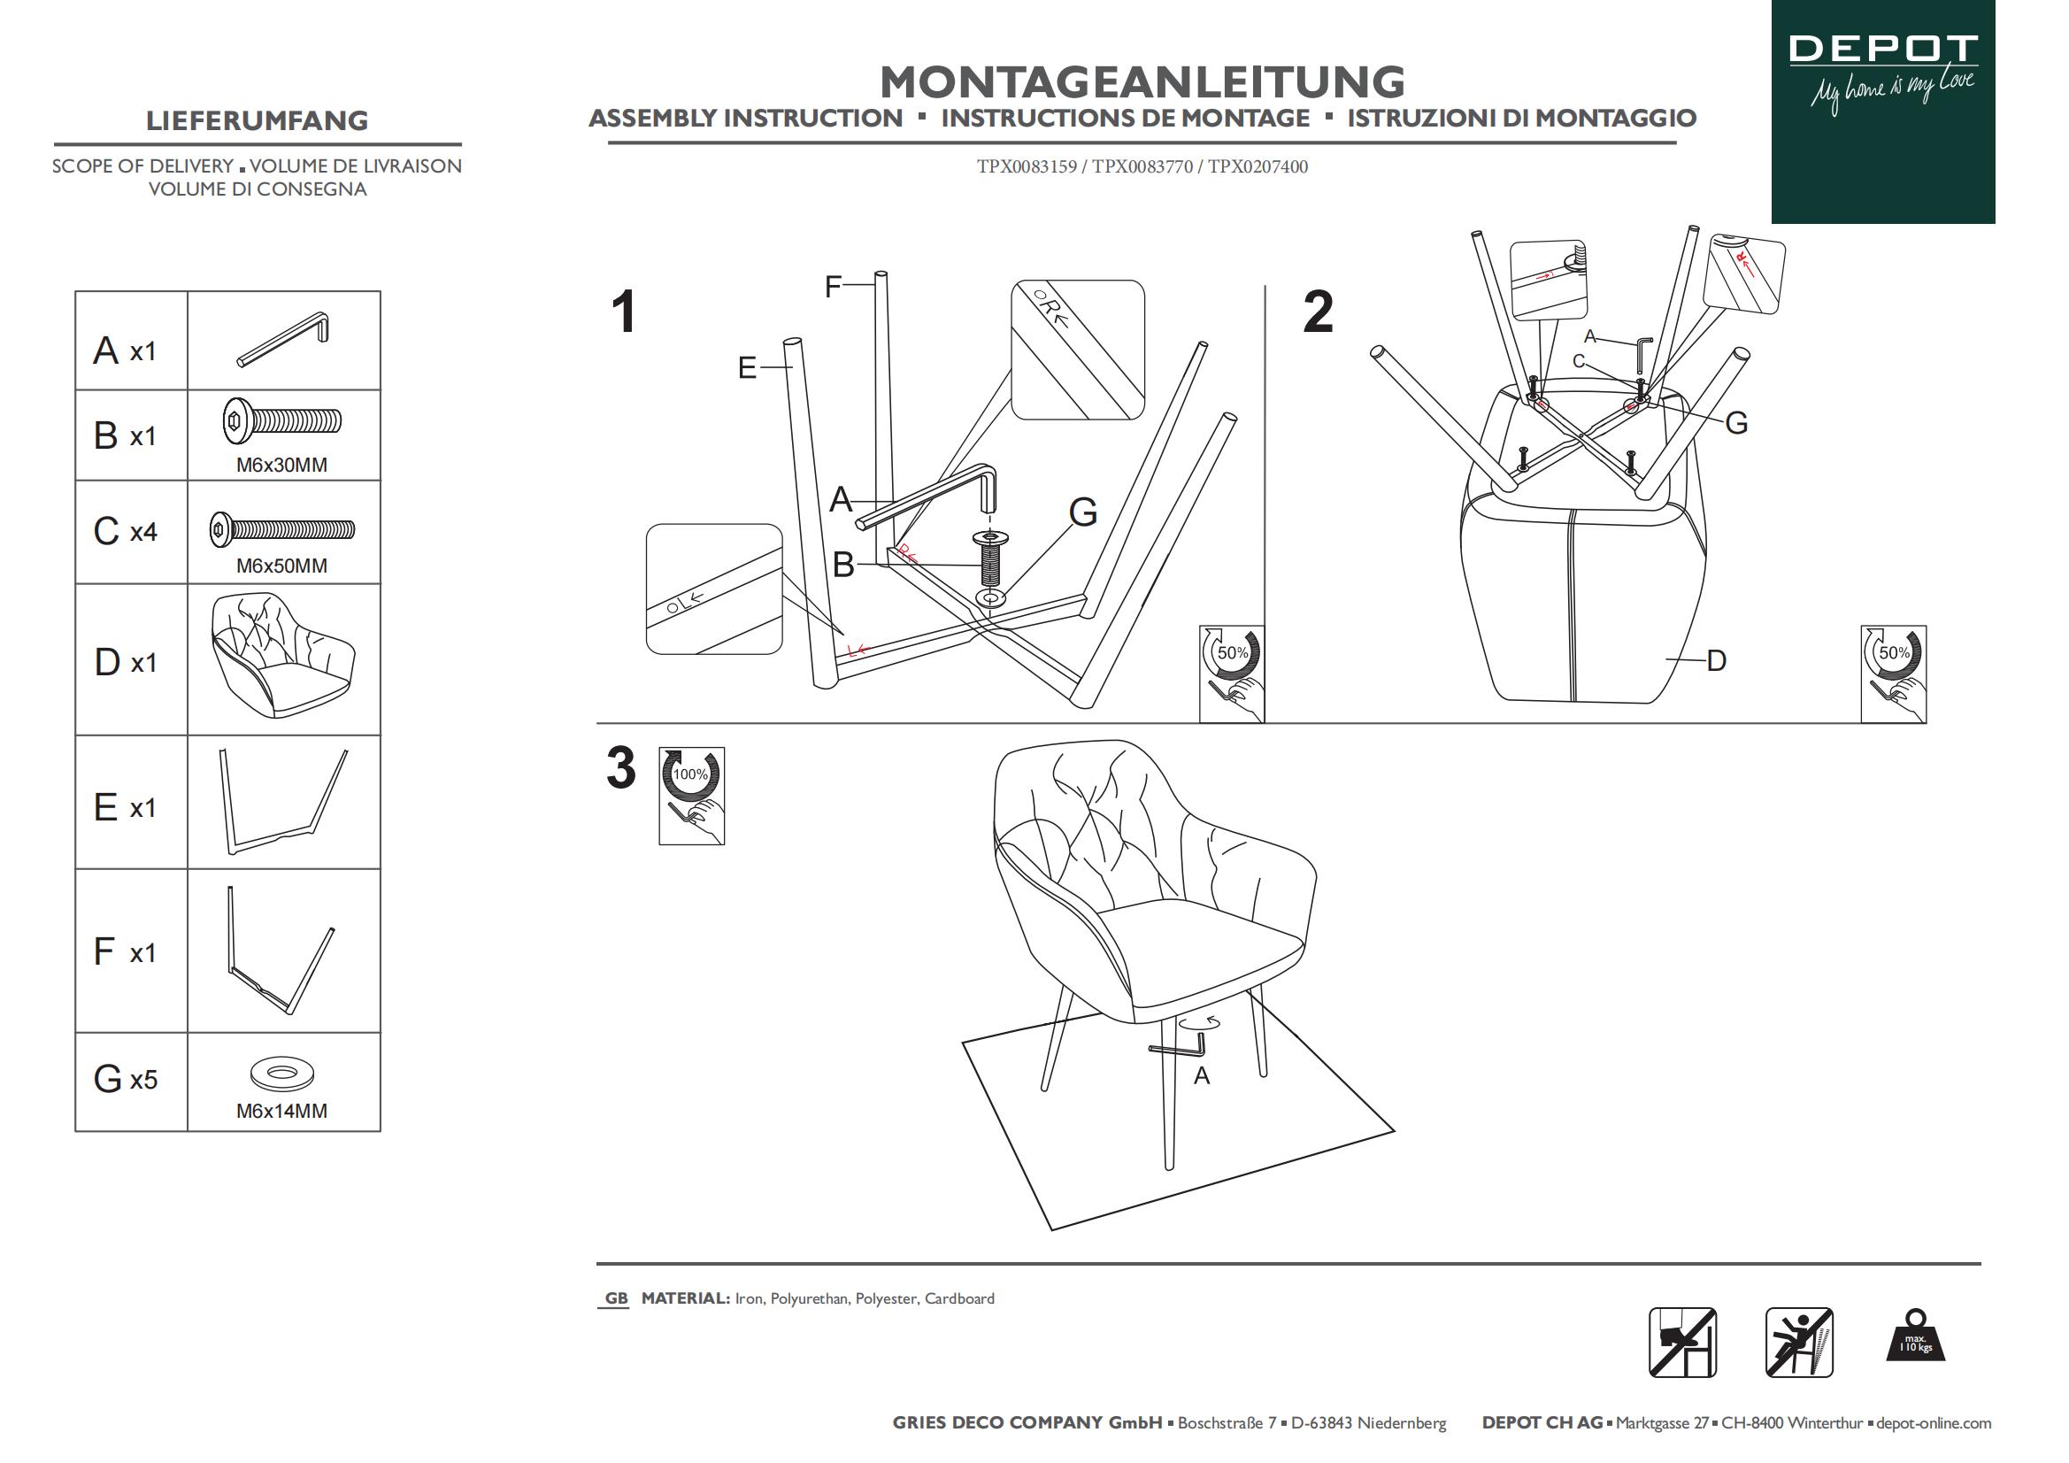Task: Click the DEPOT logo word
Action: point(1882,49)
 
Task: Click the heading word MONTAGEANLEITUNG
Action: point(1142,82)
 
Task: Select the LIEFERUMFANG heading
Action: point(257,120)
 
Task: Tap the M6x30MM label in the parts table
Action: point(281,466)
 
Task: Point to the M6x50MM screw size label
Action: point(281,566)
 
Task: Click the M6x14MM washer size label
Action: point(281,1112)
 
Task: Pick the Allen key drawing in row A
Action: point(284,339)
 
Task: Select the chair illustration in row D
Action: point(283,656)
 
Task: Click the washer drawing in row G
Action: point(282,1073)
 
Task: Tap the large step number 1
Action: point(624,312)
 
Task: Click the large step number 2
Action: point(1318,312)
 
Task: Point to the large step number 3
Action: point(621,769)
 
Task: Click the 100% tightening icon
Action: point(691,795)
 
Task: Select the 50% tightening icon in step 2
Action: point(1893,674)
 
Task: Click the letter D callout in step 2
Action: point(1716,661)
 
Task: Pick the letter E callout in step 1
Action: point(747,368)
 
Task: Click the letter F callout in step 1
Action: point(833,287)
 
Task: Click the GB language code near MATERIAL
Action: point(617,1298)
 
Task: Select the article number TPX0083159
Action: point(1027,166)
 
